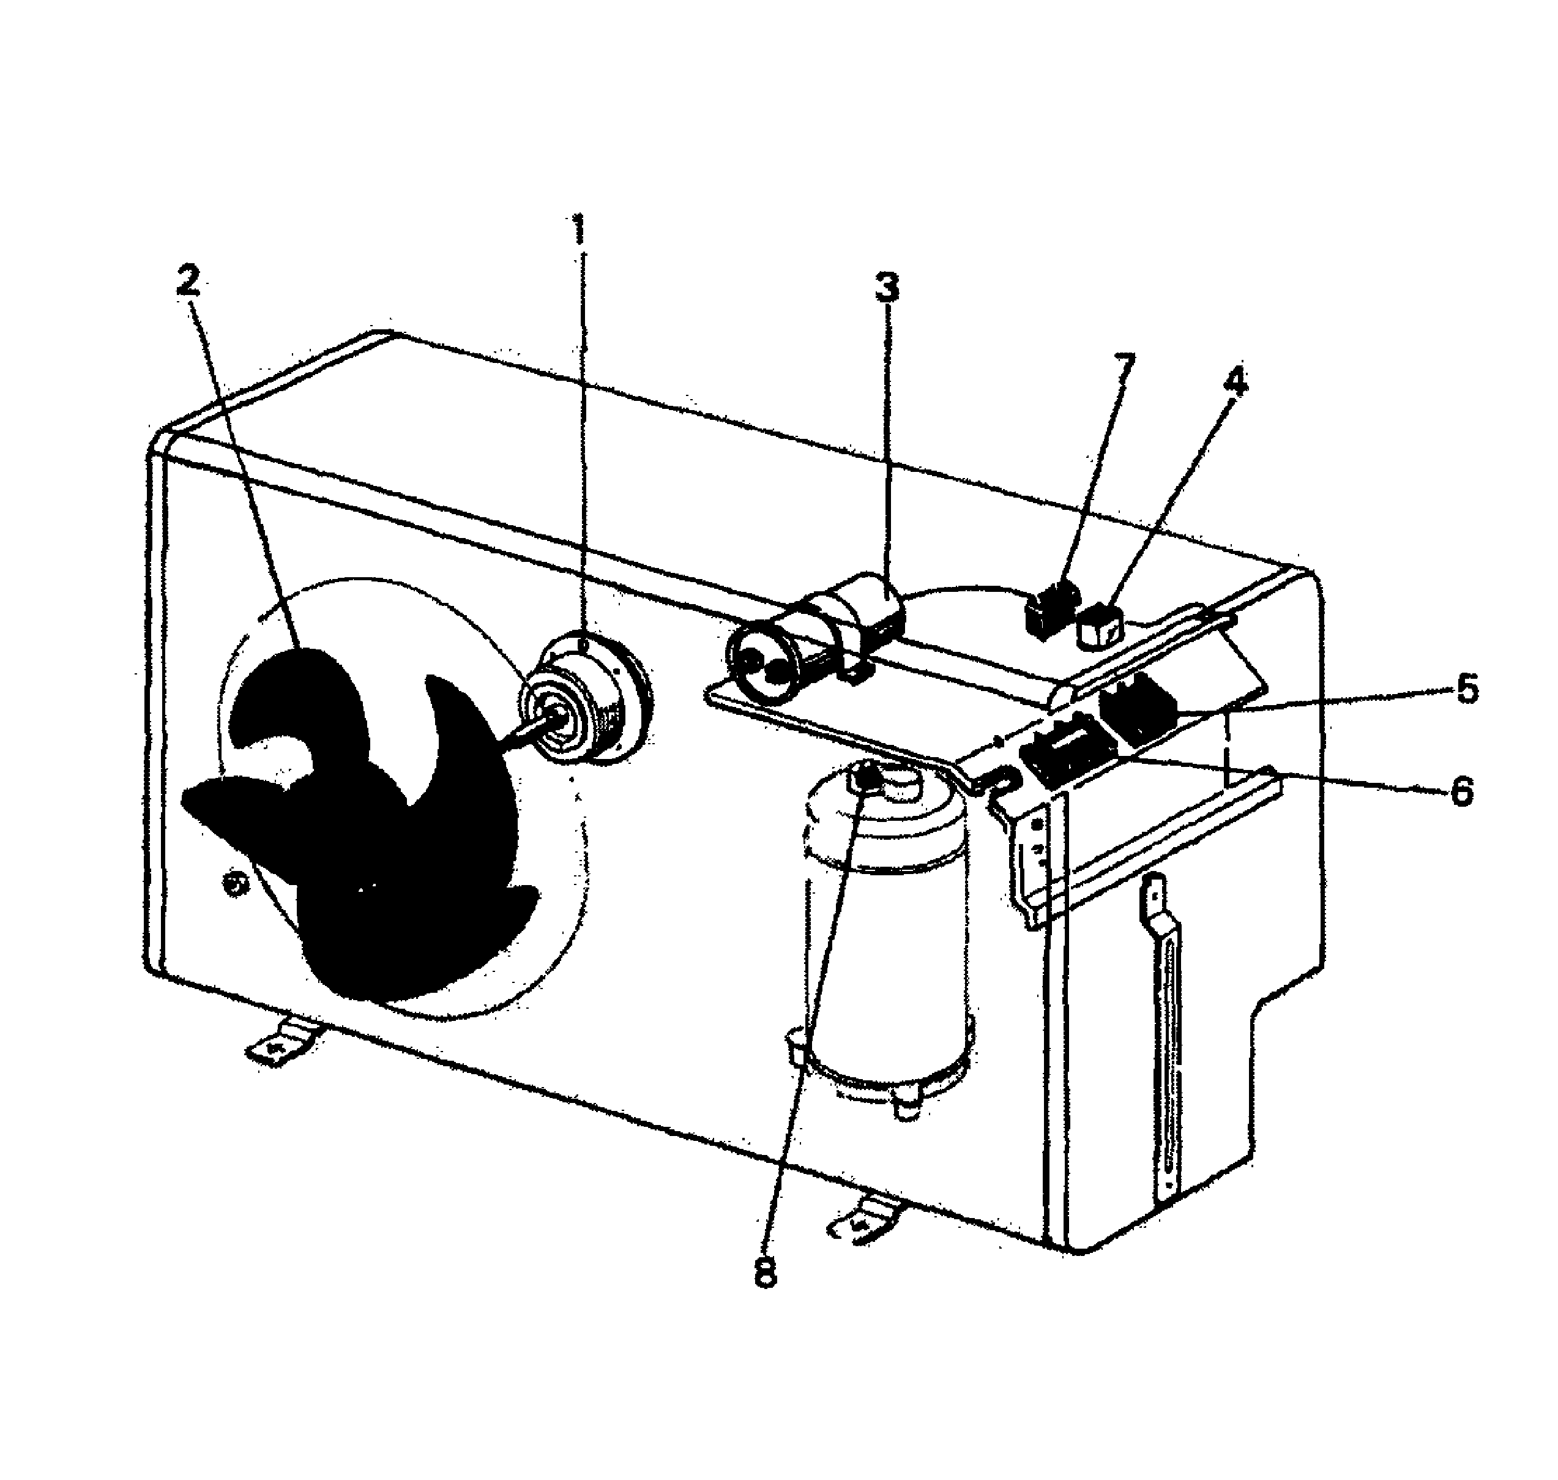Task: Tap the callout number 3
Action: tap(887, 287)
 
